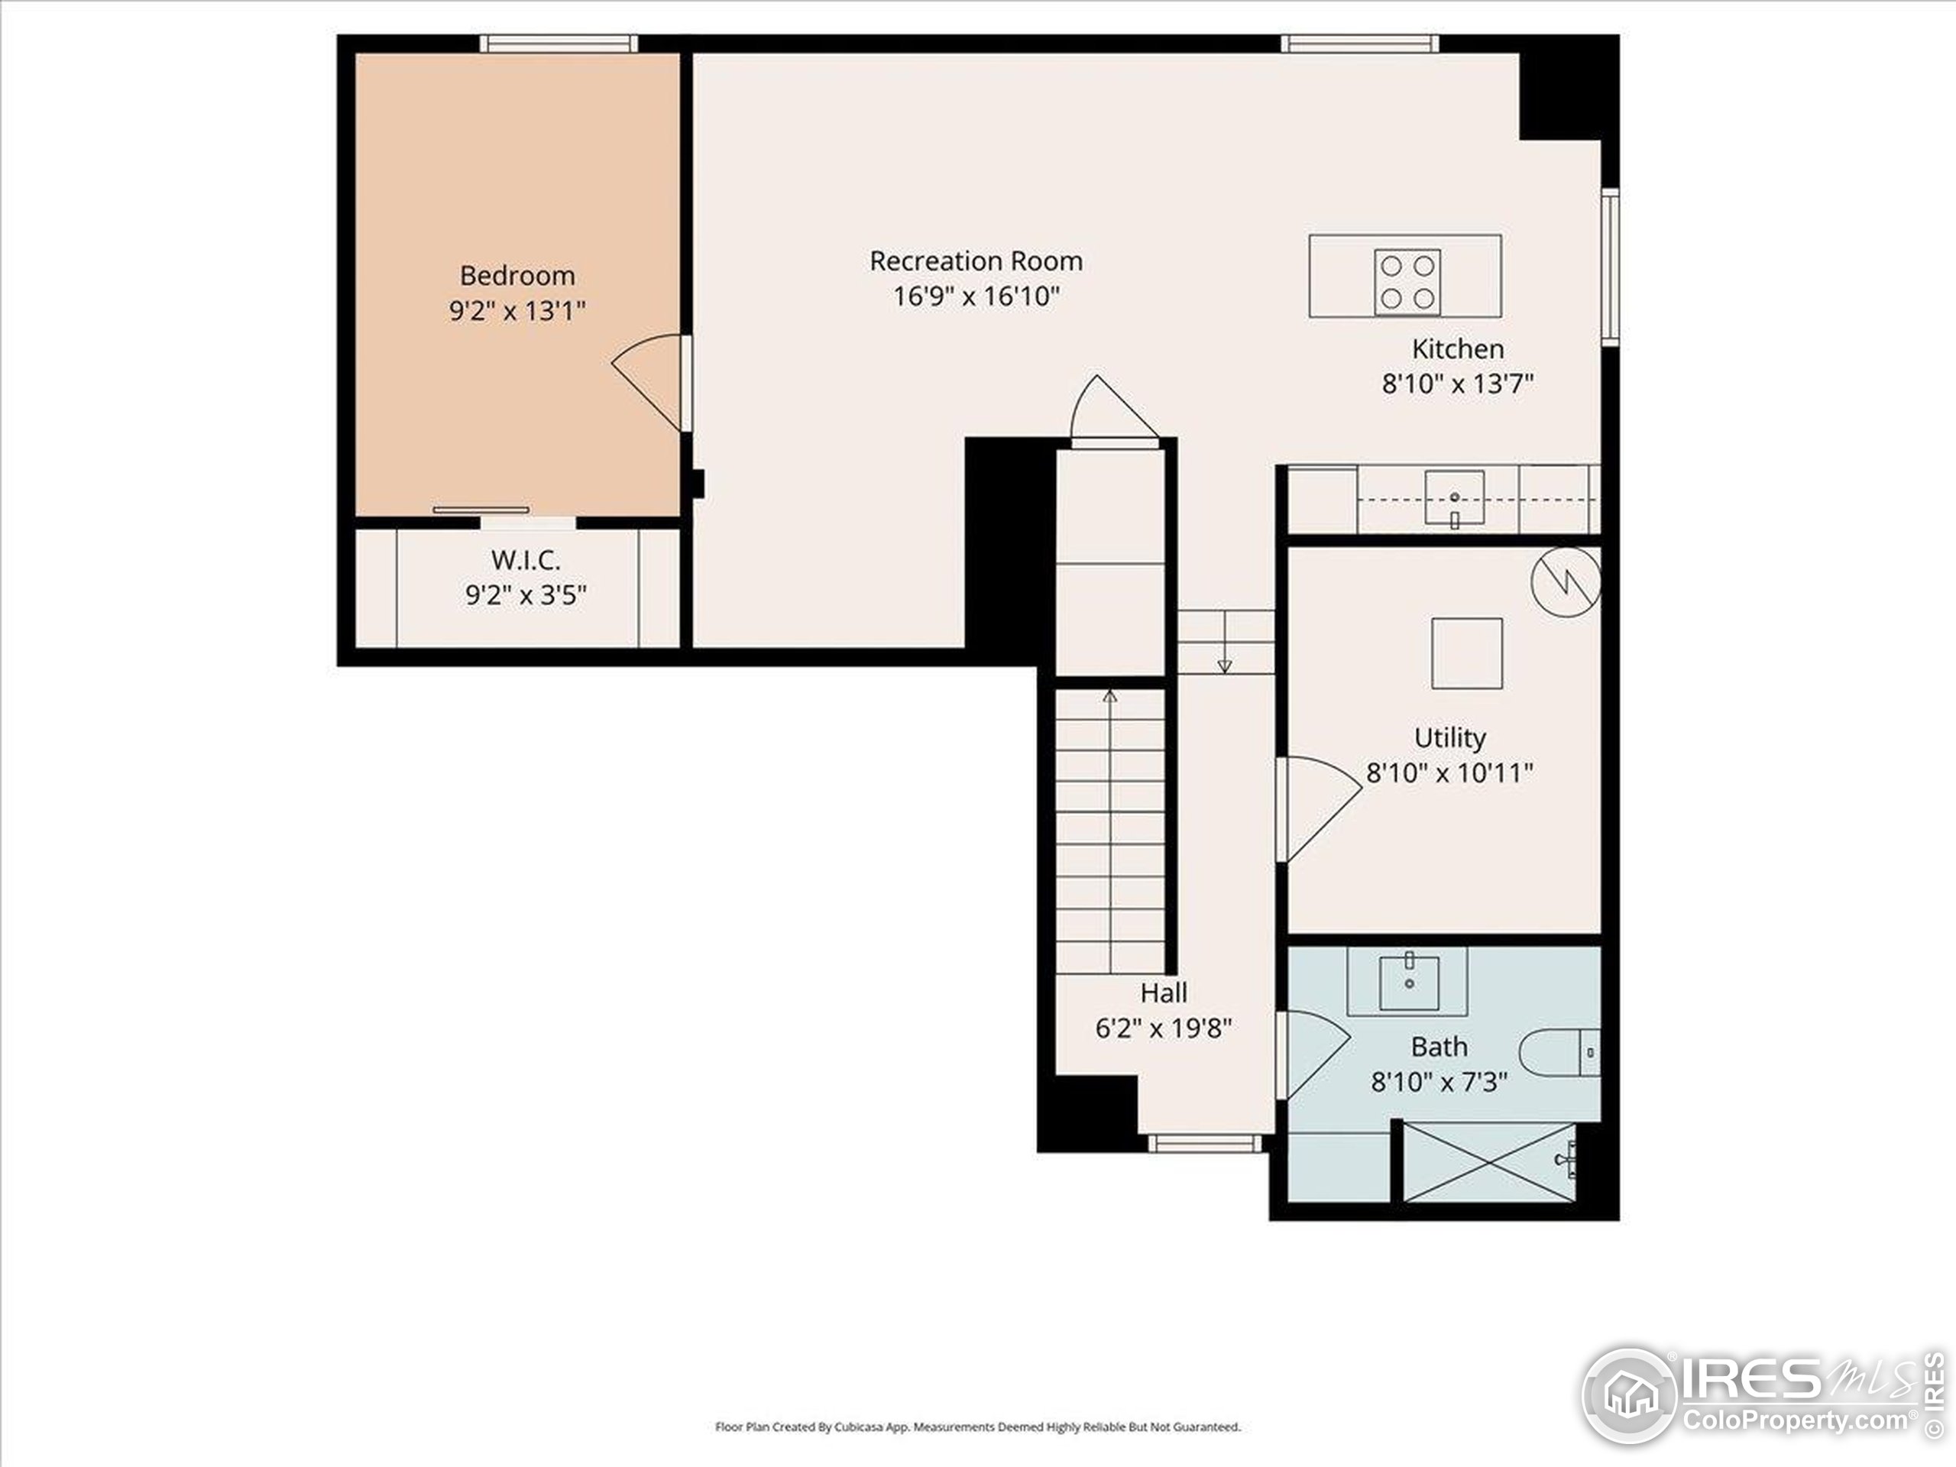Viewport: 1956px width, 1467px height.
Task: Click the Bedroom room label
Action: click(517, 275)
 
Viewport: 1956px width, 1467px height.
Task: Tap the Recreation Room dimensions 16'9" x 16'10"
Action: click(976, 296)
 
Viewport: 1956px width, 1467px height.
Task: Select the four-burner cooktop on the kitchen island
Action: click(1406, 281)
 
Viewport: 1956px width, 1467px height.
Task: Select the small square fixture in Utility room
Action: click(1466, 653)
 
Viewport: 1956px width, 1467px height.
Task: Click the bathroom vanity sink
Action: click(1409, 982)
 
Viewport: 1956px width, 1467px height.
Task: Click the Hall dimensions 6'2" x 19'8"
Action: click(1163, 1028)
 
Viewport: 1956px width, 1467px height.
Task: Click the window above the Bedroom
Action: click(559, 44)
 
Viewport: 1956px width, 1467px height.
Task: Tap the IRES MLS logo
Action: click(1760, 1396)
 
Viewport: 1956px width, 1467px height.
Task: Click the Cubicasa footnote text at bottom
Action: click(977, 1427)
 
